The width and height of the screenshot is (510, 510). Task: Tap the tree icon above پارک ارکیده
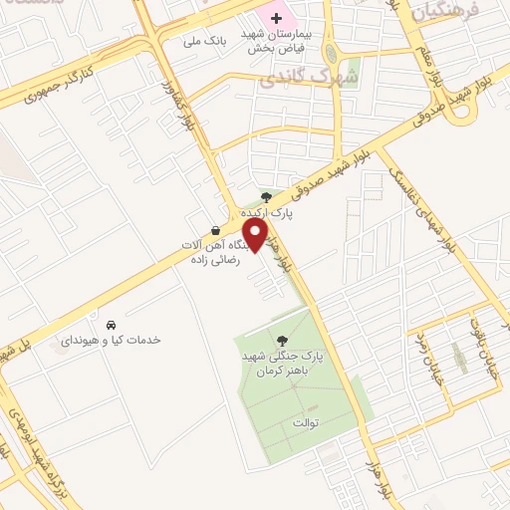pyautogui.click(x=264, y=196)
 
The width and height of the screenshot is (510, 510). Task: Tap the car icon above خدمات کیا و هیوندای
pyautogui.click(x=111, y=325)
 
